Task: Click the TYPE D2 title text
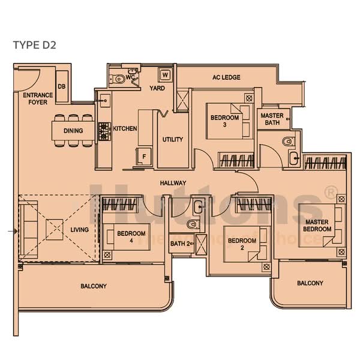[x=34, y=46]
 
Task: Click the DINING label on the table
[x=73, y=131]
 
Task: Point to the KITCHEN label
[x=125, y=129]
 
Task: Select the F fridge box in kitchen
[x=143, y=157]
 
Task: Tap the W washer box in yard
[x=164, y=75]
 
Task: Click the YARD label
[x=157, y=88]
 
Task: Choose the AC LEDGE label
[x=226, y=78]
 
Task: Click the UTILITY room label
[x=173, y=140]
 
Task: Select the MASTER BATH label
[x=272, y=119]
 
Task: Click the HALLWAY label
[x=173, y=183]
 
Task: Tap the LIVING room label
[x=79, y=230]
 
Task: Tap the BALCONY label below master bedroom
[x=310, y=283]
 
